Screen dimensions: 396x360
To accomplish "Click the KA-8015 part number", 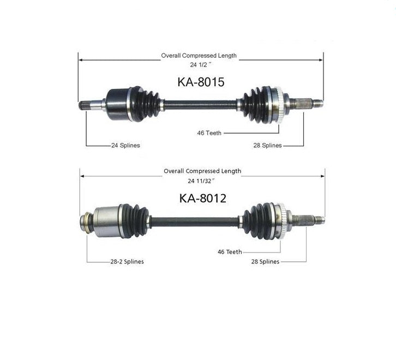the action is [x=201, y=82].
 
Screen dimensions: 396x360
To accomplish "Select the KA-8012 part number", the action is [x=202, y=198].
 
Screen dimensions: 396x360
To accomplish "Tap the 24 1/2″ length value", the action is [x=201, y=65].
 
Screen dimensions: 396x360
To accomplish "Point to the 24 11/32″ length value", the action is [x=201, y=181].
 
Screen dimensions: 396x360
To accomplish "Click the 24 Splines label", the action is [x=125, y=145].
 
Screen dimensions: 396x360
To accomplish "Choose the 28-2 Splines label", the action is [x=127, y=261].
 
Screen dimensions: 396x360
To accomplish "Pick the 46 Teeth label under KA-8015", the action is [x=209, y=133].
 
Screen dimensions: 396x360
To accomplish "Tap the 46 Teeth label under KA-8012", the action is [x=230, y=252].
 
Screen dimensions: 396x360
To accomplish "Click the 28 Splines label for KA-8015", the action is [x=267, y=145].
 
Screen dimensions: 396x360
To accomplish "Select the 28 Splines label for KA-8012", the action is [x=265, y=261].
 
